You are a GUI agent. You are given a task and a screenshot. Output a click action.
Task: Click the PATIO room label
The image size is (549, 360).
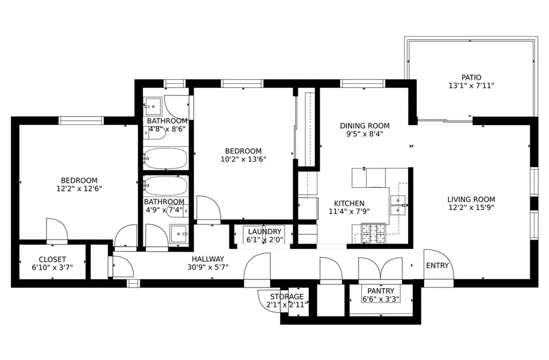[x=471, y=77]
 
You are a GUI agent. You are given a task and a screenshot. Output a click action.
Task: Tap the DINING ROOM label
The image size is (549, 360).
[x=365, y=126]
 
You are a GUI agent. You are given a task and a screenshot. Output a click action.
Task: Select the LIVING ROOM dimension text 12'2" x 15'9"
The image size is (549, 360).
[x=471, y=208]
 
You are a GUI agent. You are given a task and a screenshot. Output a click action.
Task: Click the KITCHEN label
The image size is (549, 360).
[x=349, y=203]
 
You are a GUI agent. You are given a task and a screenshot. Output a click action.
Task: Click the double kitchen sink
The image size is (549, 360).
[x=398, y=204]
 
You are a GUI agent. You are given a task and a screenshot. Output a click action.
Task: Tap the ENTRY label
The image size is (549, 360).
[x=437, y=266]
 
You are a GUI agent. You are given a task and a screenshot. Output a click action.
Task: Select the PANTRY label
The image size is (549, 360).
[x=381, y=291]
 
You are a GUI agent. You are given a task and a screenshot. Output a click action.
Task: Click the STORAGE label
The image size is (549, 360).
[x=287, y=296]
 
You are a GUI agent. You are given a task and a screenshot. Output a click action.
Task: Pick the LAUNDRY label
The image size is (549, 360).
[x=265, y=231]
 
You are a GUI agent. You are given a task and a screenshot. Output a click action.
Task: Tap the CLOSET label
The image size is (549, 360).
[x=53, y=260]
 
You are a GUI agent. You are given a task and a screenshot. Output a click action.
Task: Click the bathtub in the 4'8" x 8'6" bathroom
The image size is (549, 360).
[x=166, y=158]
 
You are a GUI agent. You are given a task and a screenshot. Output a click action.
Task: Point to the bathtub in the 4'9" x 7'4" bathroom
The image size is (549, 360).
[x=166, y=186]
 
